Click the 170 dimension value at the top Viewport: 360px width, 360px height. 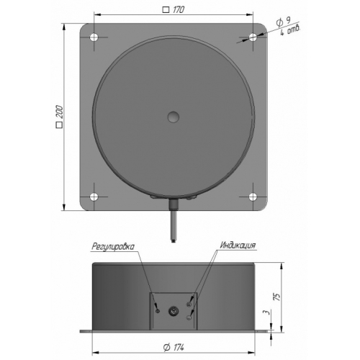(179, 9)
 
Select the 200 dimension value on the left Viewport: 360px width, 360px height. (60, 112)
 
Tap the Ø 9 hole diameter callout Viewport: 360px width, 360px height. (284, 22)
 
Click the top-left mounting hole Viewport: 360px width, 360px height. (94, 37)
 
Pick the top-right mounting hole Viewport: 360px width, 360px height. (253, 37)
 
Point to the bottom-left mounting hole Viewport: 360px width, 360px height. (94, 197)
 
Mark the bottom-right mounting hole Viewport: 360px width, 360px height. (253, 197)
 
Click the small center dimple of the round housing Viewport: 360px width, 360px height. (174, 117)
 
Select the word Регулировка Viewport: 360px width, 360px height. (113, 246)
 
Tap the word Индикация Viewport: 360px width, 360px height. (238, 246)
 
